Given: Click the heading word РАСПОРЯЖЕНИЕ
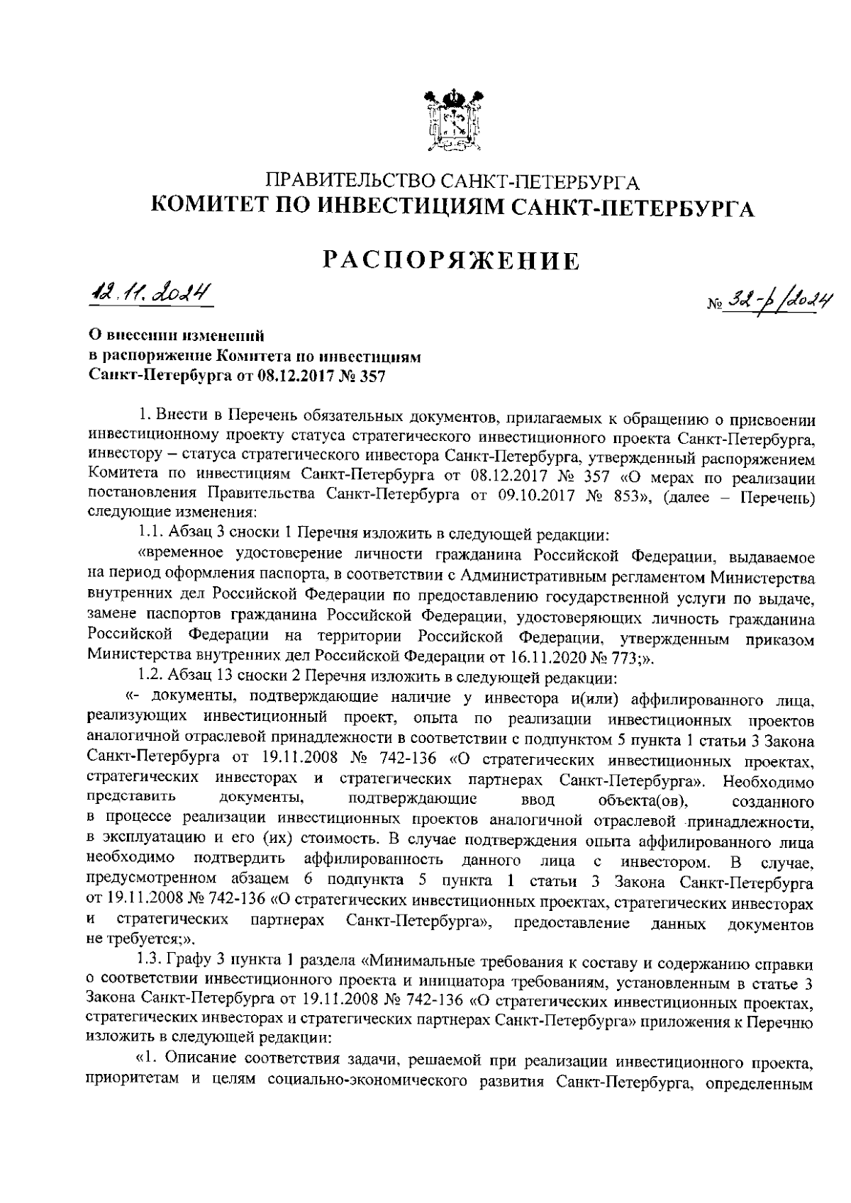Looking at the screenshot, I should (x=451, y=263).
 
